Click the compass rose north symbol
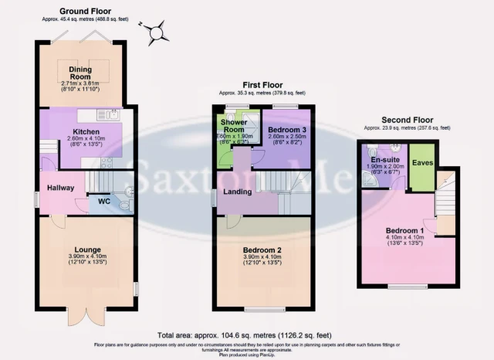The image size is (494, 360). (157, 32)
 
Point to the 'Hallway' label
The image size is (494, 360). (60, 188)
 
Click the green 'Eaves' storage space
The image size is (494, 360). (421, 164)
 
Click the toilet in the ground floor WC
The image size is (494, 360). (127, 194)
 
